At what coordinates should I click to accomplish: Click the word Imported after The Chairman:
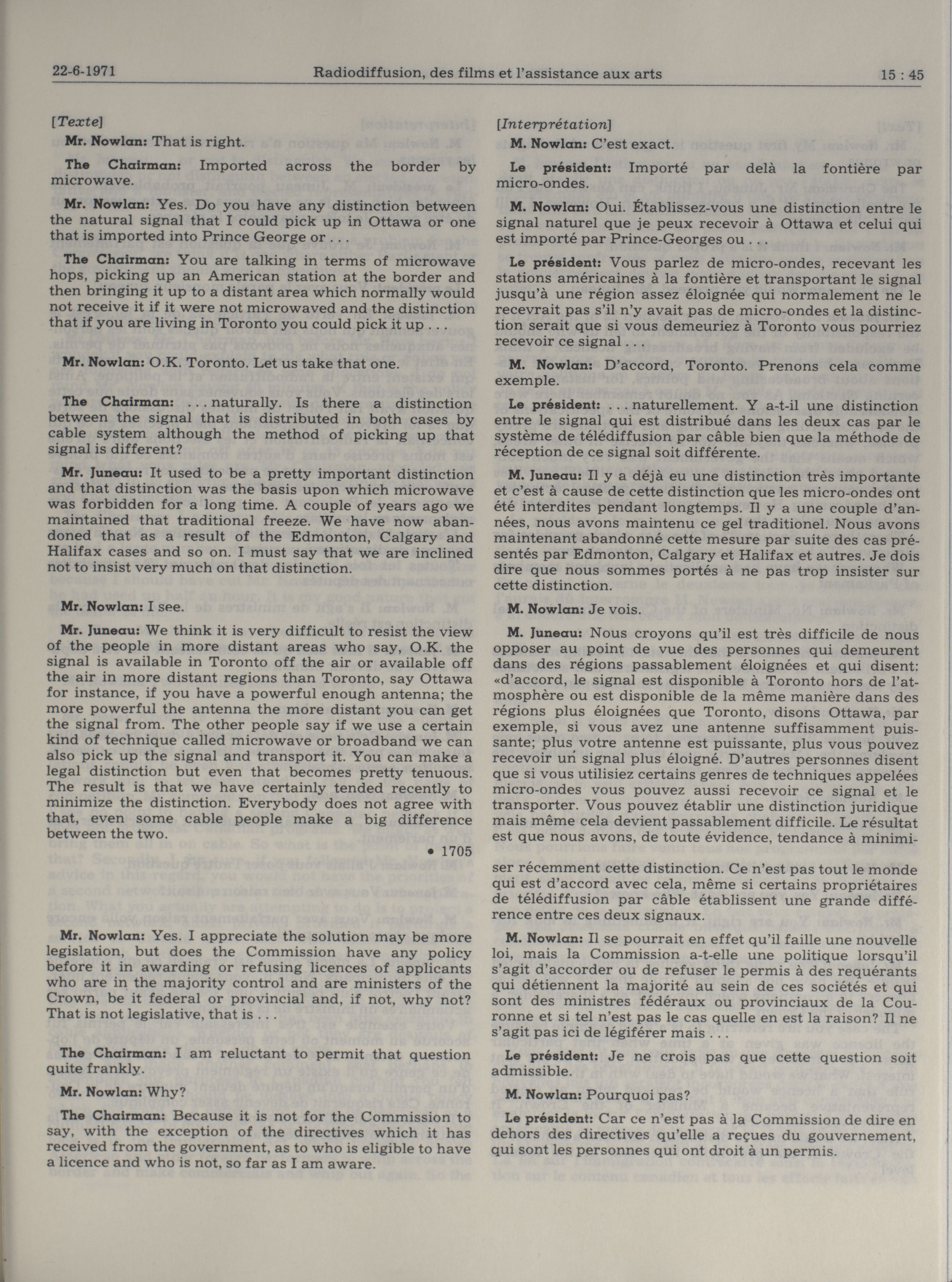point(233,166)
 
